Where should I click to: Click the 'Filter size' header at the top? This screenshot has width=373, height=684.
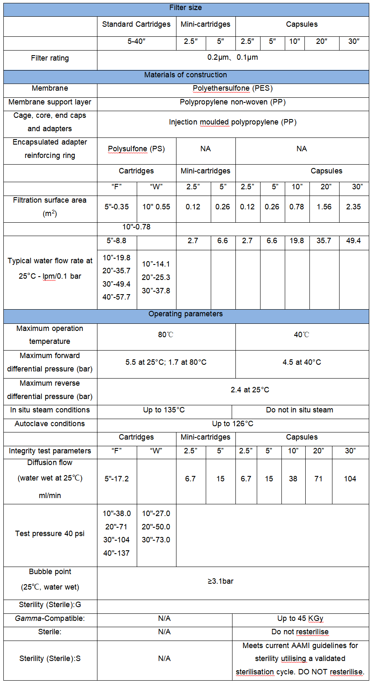click(186, 8)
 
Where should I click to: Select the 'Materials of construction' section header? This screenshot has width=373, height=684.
click(186, 75)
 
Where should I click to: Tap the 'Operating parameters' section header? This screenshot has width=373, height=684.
click(186, 314)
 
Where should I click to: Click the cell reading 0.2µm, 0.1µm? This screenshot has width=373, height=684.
click(232, 57)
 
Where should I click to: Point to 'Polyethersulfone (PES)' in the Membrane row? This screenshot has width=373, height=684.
click(232, 88)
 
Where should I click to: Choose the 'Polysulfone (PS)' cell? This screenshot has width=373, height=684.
click(136, 149)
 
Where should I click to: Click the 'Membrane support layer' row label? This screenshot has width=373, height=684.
click(50, 102)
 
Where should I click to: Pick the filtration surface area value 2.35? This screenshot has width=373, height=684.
click(353, 206)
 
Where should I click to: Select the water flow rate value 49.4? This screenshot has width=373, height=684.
click(353, 241)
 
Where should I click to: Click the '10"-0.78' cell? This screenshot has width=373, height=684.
click(136, 227)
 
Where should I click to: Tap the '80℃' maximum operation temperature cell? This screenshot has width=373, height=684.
click(166, 335)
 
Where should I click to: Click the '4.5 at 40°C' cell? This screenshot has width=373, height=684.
click(301, 362)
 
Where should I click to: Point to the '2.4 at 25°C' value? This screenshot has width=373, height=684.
click(250, 390)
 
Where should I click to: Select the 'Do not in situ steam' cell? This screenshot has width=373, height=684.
click(299, 410)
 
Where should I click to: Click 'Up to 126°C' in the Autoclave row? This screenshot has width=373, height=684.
click(232, 424)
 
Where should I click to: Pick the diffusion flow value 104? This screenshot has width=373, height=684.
click(350, 479)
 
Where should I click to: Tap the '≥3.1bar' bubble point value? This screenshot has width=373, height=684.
click(220, 581)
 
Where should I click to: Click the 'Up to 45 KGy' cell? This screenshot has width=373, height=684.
click(300, 618)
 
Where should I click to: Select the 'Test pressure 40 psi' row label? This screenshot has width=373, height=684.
click(50, 534)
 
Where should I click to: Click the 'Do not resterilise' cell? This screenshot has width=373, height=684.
click(300, 632)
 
